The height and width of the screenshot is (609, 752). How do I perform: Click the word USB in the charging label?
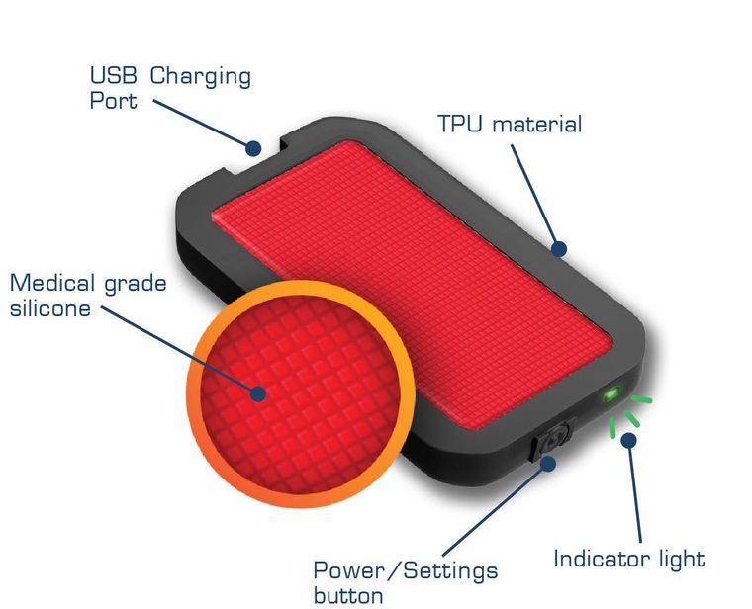(x=113, y=76)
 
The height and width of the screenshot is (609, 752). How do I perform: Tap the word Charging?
(x=201, y=77)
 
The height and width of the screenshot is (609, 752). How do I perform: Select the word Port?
(x=113, y=101)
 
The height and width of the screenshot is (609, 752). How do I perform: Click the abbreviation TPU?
(x=459, y=124)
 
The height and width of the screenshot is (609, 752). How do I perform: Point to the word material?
(x=537, y=124)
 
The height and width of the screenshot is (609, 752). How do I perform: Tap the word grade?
(x=136, y=285)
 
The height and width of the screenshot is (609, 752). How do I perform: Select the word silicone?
(x=50, y=307)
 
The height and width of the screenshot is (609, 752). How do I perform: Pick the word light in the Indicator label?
(x=681, y=560)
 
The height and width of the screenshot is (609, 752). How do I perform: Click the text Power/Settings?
(x=406, y=571)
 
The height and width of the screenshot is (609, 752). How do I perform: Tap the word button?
(x=348, y=596)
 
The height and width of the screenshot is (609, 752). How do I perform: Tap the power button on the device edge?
(x=551, y=438)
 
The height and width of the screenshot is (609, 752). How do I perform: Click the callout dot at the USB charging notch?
(x=253, y=148)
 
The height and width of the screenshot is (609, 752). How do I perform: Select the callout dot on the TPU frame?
(x=559, y=249)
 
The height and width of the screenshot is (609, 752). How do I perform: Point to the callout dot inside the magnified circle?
(x=258, y=393)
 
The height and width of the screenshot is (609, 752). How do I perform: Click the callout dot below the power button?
(x=548, y=464)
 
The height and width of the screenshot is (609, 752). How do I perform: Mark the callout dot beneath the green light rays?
(x=628, y=440)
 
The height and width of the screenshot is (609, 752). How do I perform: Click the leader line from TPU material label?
(x=534, y=197)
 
